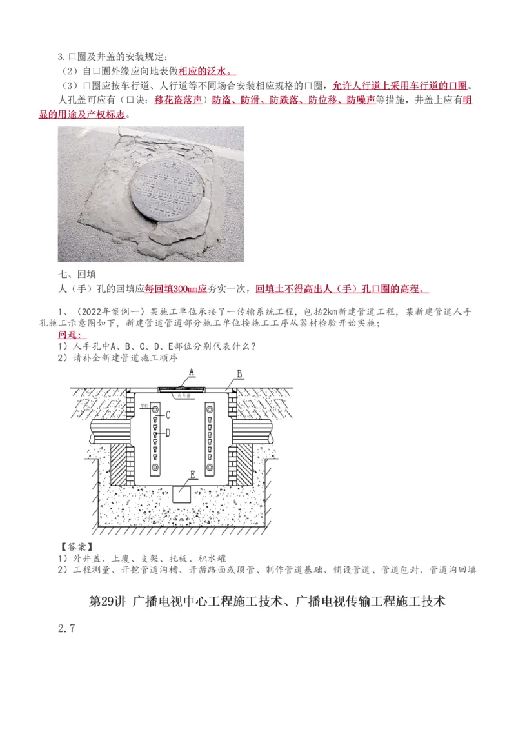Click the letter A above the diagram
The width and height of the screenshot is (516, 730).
[x=192, y=372]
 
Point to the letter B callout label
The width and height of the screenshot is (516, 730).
[x=239, y=373]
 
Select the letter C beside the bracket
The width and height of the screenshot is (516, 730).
[x=168, y=415]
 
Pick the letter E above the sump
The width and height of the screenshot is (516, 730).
[x=192, y=475]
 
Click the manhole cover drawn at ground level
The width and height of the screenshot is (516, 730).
[x=182, y=388]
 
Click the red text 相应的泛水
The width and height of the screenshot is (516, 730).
[x=207, y=72]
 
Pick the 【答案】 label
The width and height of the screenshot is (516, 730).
[x=76, y=547]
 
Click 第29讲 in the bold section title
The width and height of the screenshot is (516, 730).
[x=108, y=602]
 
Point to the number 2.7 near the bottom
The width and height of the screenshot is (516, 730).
[x=66, y=628]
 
